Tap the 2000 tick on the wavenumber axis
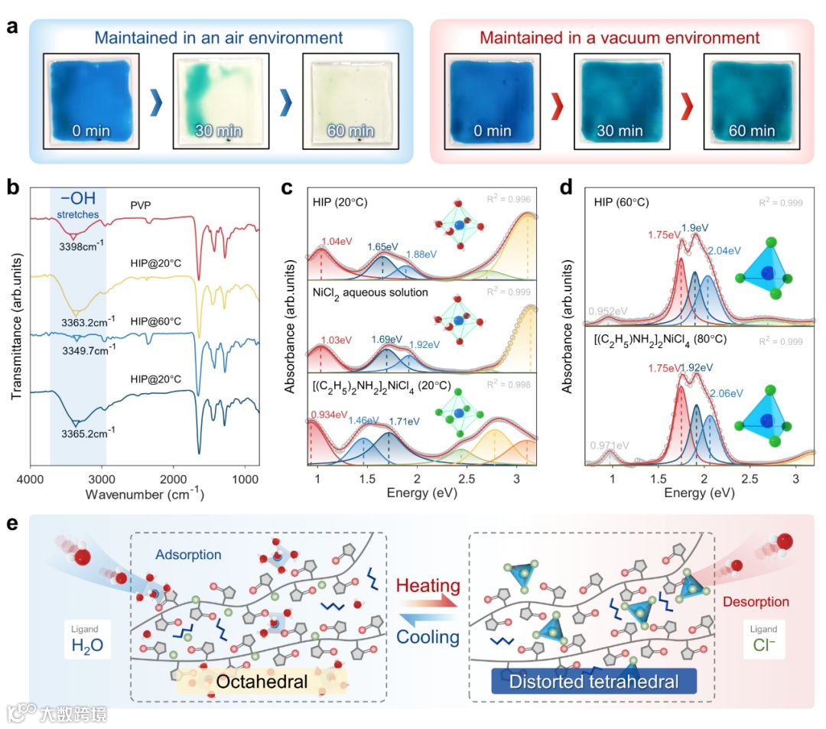[174, 479]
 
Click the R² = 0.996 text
[509, 200]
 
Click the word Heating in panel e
[428, 587]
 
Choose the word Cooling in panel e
[428, 636]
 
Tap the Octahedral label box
[262, 681]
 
